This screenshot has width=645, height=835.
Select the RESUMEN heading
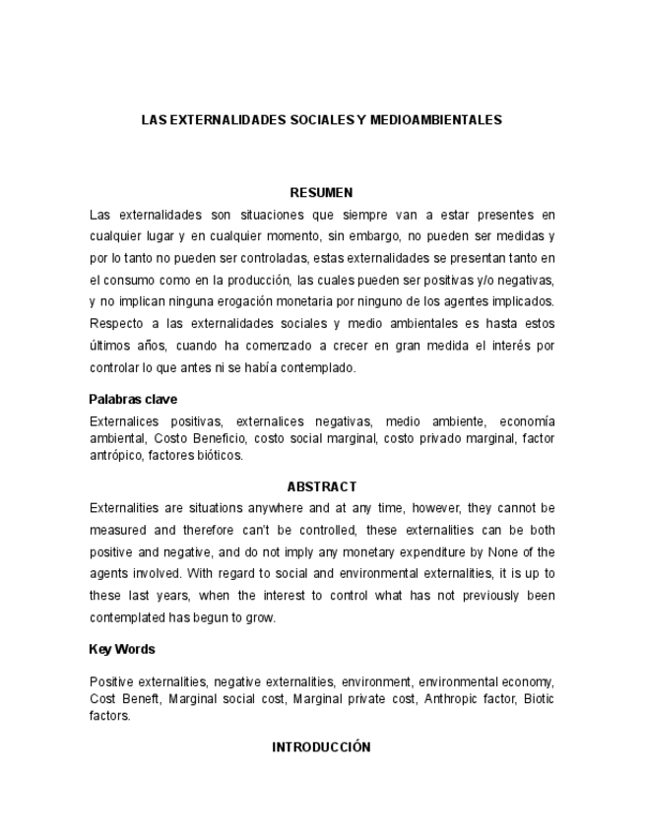[x=321, y=193]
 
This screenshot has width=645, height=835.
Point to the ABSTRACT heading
[x=321, y=487]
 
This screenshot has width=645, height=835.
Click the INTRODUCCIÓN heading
[x=321, y=747]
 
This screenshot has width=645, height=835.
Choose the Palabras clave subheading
[x=133, y=400]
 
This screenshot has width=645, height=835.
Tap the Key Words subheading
[x=121, y=650]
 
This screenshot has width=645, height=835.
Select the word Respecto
[x=115, y=323]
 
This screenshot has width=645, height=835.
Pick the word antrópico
[x=114, y=455]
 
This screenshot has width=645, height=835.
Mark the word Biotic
[x=539, y=699]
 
